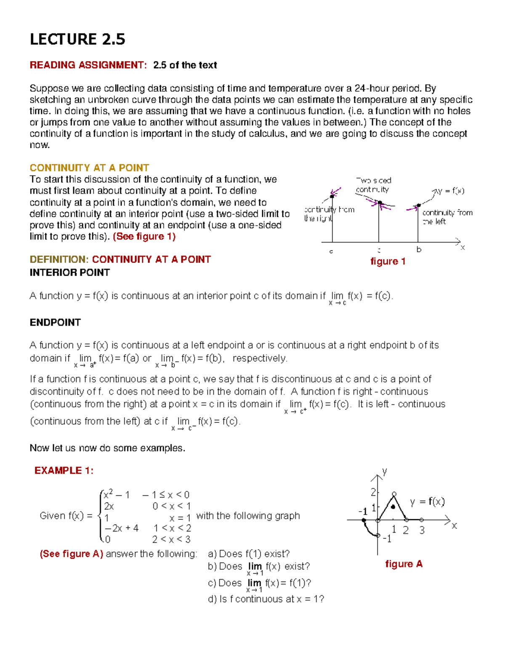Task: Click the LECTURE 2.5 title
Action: point(77,39)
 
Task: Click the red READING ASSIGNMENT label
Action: point(88,65)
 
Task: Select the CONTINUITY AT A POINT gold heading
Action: point(89,168)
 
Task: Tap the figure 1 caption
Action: point(388,262)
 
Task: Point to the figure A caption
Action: point(404,564)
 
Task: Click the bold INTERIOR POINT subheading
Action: point(69,272)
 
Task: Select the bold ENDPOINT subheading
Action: point(55,322)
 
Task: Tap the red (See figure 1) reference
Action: point(144,236)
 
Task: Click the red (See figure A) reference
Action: point(71,554)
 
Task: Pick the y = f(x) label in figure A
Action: point(427,502)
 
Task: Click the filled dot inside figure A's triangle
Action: point(393,507)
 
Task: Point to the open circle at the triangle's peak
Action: point(394,494)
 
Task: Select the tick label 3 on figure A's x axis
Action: point(422,530)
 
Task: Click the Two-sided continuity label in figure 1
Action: point(373,185)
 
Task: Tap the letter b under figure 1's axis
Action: point(419,249)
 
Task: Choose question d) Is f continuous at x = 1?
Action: point(266,599)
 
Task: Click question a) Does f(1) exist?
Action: point(249,554)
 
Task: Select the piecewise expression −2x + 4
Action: point(121,528)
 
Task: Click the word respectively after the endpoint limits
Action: point(260,358)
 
